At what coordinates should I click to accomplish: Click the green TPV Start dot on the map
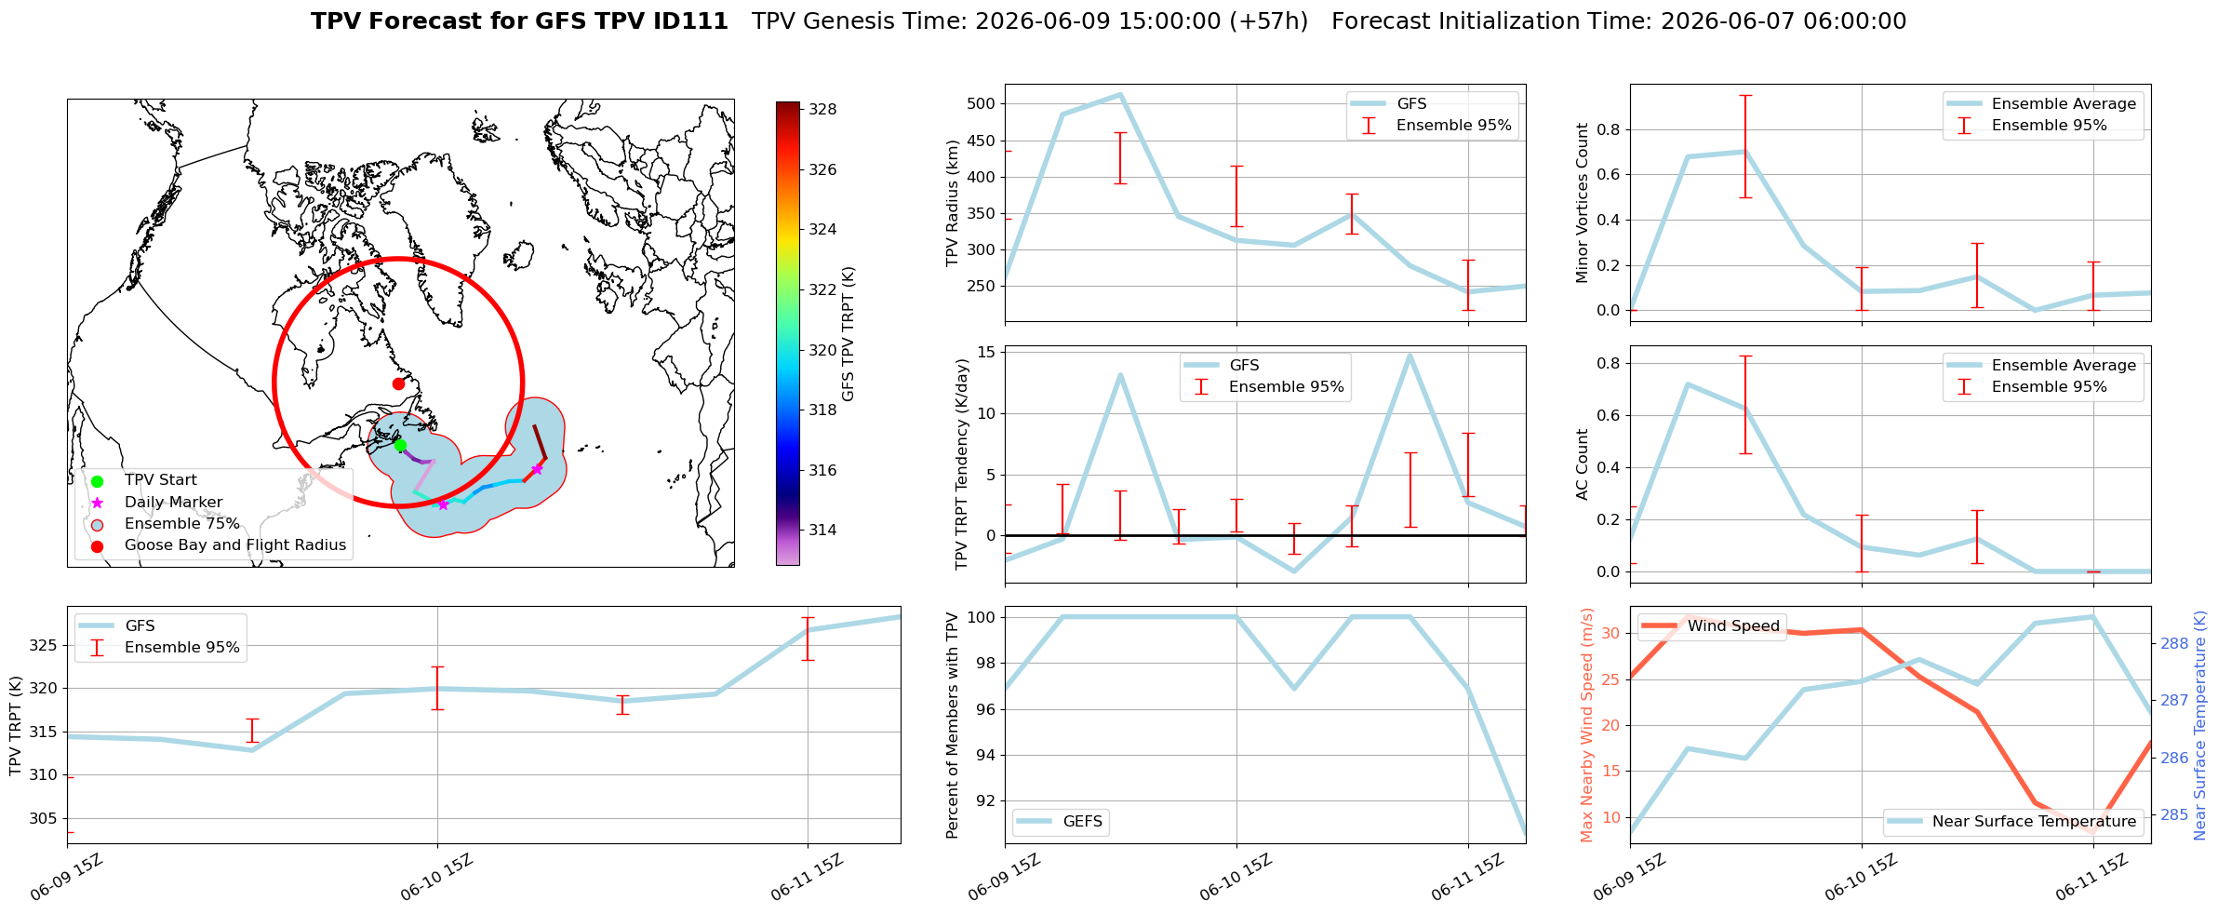pos(400,445)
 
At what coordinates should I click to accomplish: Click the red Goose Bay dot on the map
pos(398,383)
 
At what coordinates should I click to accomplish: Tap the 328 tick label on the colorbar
pos(822,109)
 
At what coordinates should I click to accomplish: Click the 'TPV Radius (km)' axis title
pos(952,203)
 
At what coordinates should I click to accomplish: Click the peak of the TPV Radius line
pos(1120,94)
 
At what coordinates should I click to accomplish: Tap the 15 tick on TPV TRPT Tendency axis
pos(986,352)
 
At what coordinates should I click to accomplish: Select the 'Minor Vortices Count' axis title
pos(1583,203)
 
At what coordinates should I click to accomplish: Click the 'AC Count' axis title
pos(1583,464)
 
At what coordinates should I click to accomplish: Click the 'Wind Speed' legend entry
pos(1710,626)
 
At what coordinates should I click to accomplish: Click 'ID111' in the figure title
pos(694,21)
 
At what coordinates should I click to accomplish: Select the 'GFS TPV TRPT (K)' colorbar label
pos(848,333)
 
